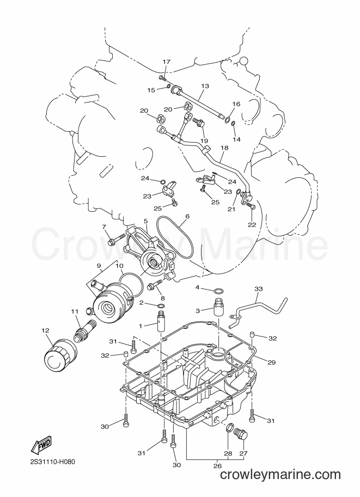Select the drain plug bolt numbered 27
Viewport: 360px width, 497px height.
[x=241, y=434]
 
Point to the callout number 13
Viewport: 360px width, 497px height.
[x=205, y=86]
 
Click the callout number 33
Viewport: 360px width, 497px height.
[x=259, y=289]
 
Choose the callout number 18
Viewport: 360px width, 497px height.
[x=224, y=148]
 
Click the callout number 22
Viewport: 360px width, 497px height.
[x=252, y=225]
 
